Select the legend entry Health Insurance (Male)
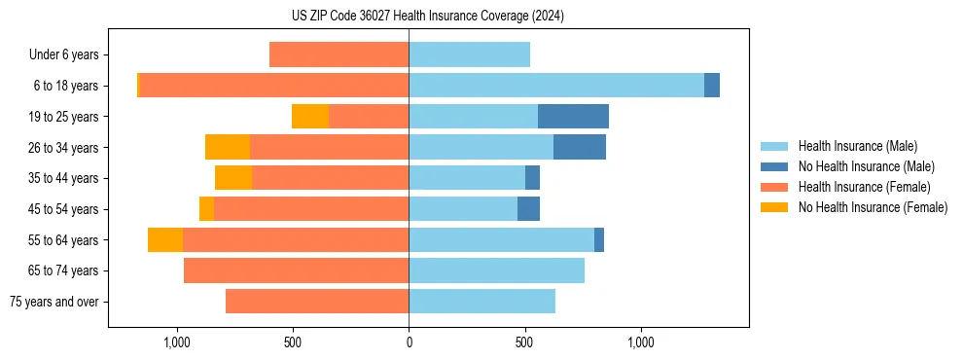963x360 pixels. (857, 146)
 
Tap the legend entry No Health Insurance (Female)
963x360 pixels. (873, 207)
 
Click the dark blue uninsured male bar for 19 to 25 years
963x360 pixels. (573, 117)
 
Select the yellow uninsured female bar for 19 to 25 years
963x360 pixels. (310, 117)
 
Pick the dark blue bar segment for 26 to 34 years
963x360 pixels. (580, 148)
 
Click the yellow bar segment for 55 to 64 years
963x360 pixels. (165, 240)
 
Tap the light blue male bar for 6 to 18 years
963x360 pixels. (556, 86)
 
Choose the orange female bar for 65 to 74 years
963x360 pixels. (296, 270)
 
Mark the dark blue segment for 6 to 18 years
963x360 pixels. (712, 86)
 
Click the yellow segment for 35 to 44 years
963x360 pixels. (233, 178)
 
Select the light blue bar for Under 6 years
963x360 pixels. (469, 55)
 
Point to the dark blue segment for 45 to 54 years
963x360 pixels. (528, 209)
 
